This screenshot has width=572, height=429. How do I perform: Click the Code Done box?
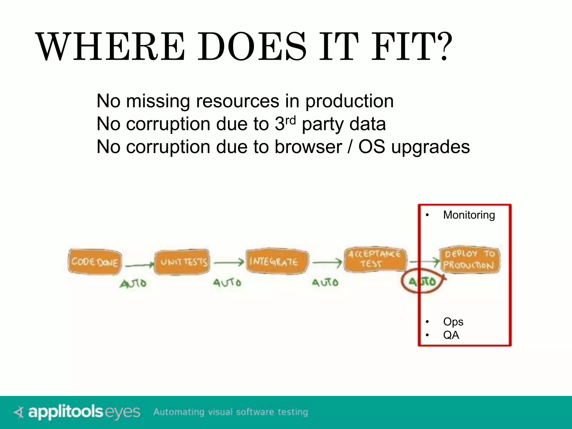click(95, 262)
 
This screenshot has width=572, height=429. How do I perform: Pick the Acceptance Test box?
click(375, 259)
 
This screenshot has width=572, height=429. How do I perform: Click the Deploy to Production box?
click(469, 260)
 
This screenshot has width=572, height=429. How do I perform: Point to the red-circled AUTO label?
click(422, 282)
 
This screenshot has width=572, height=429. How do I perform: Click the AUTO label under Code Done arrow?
click(133, 283)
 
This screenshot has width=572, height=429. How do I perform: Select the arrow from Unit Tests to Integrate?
click(229, 263)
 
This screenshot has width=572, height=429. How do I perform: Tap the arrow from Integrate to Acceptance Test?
click(327, 263)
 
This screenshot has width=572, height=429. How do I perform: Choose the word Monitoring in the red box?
click(469, 215)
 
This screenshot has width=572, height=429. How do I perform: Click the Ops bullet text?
click(453, 322)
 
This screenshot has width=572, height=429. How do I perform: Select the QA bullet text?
click(451, 335)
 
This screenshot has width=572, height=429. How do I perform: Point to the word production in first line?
click(349, 101)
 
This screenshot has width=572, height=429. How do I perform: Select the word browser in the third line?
click(308, 147)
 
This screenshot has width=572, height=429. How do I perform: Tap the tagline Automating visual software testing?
click(230, 412)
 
